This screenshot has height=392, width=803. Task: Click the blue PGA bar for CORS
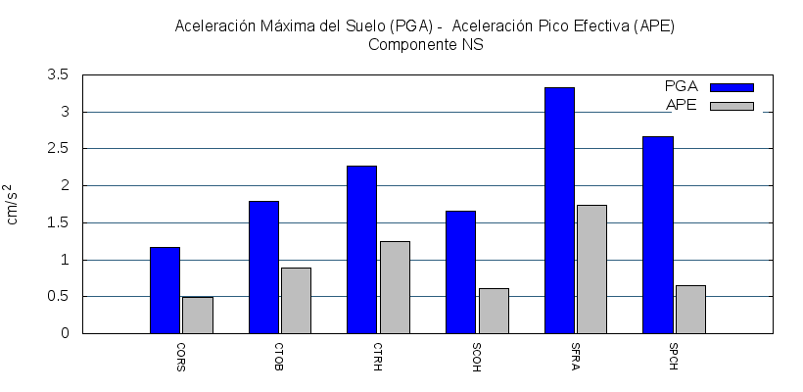(x=165, y=290)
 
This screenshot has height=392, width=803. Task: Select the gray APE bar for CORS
(x=197, y=315)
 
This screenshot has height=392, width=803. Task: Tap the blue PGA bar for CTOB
(x=263, y=267)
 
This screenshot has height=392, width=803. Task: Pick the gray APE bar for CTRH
(x=395, y=287)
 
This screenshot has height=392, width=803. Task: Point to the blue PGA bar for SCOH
(x=460, y=271)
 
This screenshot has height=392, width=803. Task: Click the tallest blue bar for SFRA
(x=559, y=210)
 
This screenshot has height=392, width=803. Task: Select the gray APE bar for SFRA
(x=591, y=269)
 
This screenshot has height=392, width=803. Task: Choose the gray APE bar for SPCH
(x=690, y=309)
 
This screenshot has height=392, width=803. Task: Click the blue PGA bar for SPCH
(x=658, y=234)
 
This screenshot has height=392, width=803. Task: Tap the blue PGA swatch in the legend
(x=732, y=87)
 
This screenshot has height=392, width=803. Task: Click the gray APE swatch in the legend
(x=732, y=106)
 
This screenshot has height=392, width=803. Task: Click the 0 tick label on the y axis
(x=65, y=333)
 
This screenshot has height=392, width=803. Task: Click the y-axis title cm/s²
(x=13, y=204)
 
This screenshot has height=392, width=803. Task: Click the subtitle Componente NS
(x=425, y=44)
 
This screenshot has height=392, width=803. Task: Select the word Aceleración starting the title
(x=211, y=25)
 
